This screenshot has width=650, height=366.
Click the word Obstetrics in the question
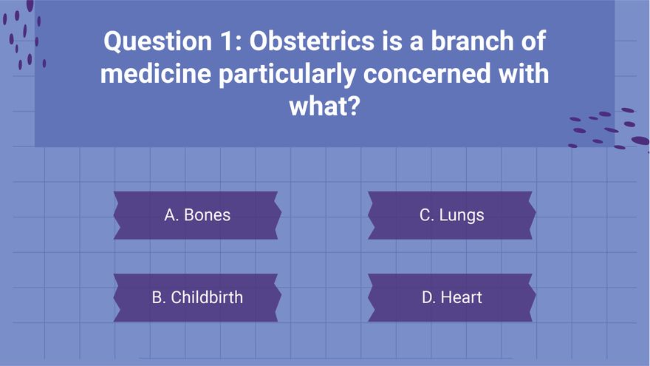coord(311,41)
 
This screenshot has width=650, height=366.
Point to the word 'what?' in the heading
coord(324,106)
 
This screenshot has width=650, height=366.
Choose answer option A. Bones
coord(197,215)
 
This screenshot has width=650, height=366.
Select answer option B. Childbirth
coord(197,297)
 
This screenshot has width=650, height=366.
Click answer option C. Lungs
coord(452,215)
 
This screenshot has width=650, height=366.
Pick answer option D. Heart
coord(452,297)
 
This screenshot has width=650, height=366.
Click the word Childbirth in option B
coord(207,297)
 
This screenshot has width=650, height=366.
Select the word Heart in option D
coord(462,297)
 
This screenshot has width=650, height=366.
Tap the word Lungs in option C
coord(462,216)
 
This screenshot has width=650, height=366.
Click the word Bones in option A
coord(208,215)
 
